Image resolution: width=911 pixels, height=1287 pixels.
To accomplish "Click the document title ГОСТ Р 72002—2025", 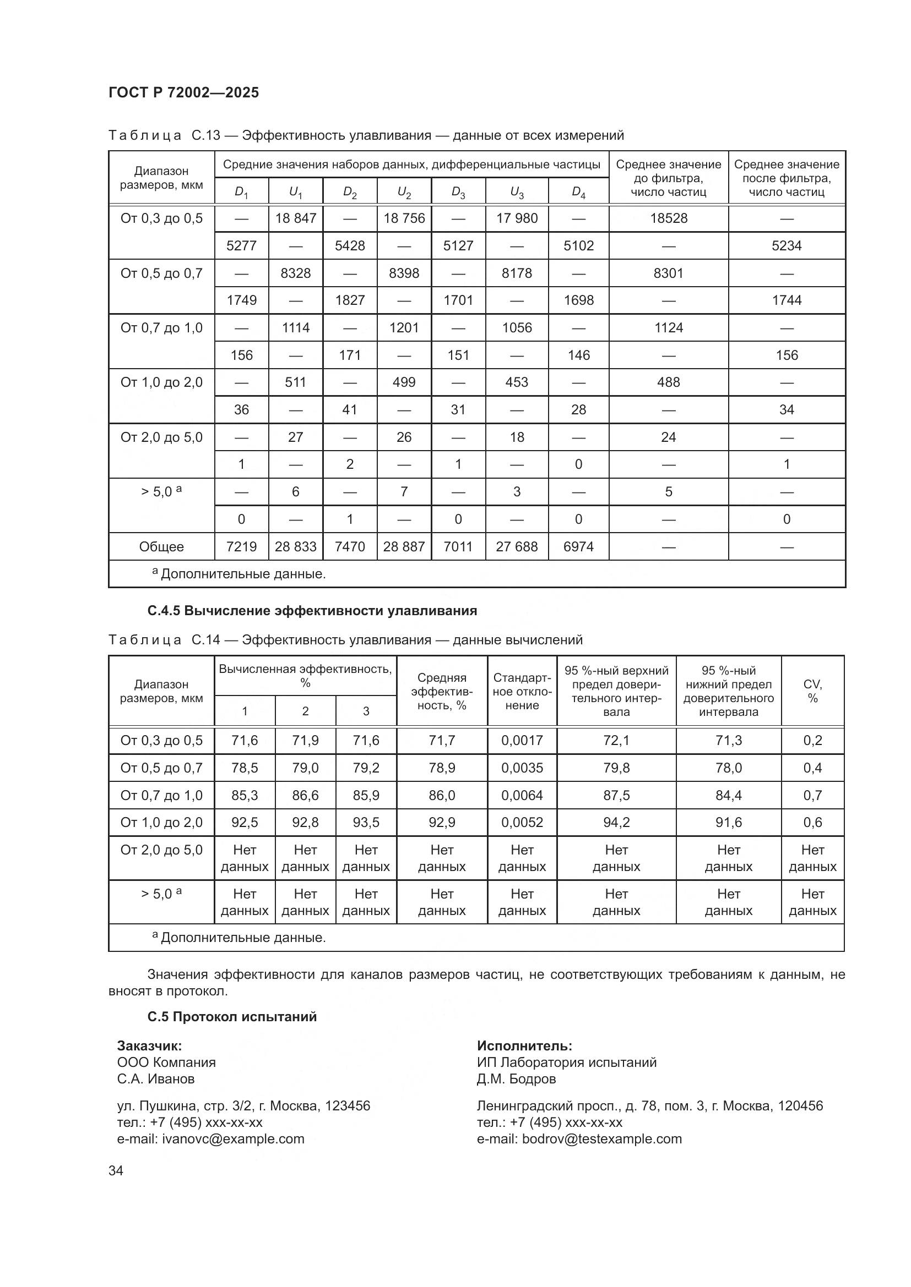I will pos(183,92).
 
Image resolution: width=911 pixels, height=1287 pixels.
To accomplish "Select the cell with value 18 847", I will pos(296,218).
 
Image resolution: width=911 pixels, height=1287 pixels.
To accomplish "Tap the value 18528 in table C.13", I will pos(668,218).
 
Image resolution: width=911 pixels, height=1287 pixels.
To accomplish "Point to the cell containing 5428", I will pos(350,245).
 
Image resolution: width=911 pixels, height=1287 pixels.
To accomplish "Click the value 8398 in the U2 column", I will pos(404,273).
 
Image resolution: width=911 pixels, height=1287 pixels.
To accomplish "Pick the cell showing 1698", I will pos(578,300).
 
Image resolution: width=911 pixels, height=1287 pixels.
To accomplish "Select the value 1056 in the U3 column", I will pos(517,328).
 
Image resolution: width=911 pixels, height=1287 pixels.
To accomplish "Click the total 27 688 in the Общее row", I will pos(517,546).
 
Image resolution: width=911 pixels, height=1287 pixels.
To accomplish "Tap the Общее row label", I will pos(161,546).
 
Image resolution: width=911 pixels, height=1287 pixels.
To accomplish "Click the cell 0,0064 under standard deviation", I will pos(522,796).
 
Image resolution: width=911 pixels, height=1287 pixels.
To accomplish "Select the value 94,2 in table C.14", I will pos(616,822).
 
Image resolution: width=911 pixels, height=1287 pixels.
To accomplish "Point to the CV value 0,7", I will pos(812,796).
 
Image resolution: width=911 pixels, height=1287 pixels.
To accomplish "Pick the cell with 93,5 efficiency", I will pos(366,822).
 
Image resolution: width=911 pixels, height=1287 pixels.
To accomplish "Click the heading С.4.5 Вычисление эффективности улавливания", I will pos(312,611).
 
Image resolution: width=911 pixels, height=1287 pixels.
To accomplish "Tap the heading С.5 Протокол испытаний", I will pos(232,1016).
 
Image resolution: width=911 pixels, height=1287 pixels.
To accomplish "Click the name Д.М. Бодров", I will pos(516,1078).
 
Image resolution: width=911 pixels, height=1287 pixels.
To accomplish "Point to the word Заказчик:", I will pos(149,1045).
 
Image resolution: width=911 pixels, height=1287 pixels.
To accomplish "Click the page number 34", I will pos(116,1170).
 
